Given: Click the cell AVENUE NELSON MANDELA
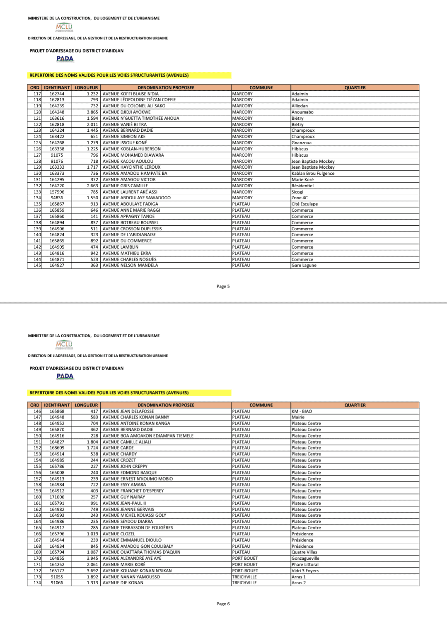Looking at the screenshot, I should tap(130, 266).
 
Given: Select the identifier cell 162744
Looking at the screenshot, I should tap(57, 94).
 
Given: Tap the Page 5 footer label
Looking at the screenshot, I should tap(223, 286).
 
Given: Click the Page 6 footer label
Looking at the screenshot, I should tap(223, 604).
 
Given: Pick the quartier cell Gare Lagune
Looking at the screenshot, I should tap(304, 266).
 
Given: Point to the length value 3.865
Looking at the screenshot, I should tap(92, 112).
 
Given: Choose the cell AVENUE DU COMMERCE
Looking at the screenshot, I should tap(127, 241).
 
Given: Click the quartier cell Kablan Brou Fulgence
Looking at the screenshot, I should tap(313, 174).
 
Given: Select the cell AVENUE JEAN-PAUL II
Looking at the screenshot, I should tap(124, 503).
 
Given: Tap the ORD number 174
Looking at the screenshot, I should tap(37, 583).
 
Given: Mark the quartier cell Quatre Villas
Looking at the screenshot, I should tap(304, 552).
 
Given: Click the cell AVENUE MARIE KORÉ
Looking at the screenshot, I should tap(124, 564).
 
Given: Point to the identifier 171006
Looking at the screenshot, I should tap(57, 497).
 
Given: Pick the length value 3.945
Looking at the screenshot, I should tap(92, 559).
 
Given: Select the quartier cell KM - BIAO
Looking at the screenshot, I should tap(302, 411).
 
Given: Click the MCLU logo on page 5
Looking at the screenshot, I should tap(64, 27).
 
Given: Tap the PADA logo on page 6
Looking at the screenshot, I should tap(65, 376).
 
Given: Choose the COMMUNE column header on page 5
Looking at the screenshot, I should tap(261, 88).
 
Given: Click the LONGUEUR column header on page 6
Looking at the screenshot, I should tap(86, 405).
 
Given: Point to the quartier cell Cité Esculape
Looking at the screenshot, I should tap(304, 204).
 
